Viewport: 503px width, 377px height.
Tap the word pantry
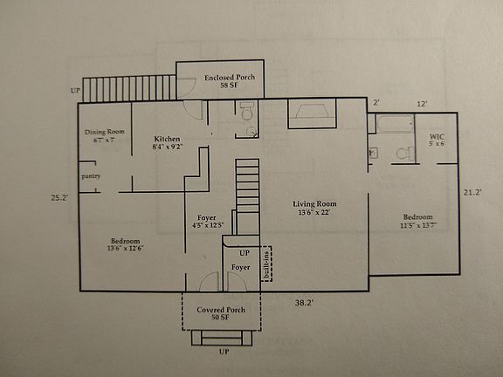pos(92,176)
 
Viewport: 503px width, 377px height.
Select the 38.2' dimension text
pos(303,302)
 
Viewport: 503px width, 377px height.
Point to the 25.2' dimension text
pos(60,197)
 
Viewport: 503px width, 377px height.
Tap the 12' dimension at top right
pos(422,104)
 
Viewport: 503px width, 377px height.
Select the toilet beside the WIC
pos(403,154)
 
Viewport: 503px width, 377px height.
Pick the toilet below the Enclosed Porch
pos(247,112)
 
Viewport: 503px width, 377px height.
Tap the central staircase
pos(249,186)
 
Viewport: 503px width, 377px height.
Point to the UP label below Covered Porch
pos(224,352)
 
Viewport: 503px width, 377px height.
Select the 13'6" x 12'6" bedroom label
pos(125,245)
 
